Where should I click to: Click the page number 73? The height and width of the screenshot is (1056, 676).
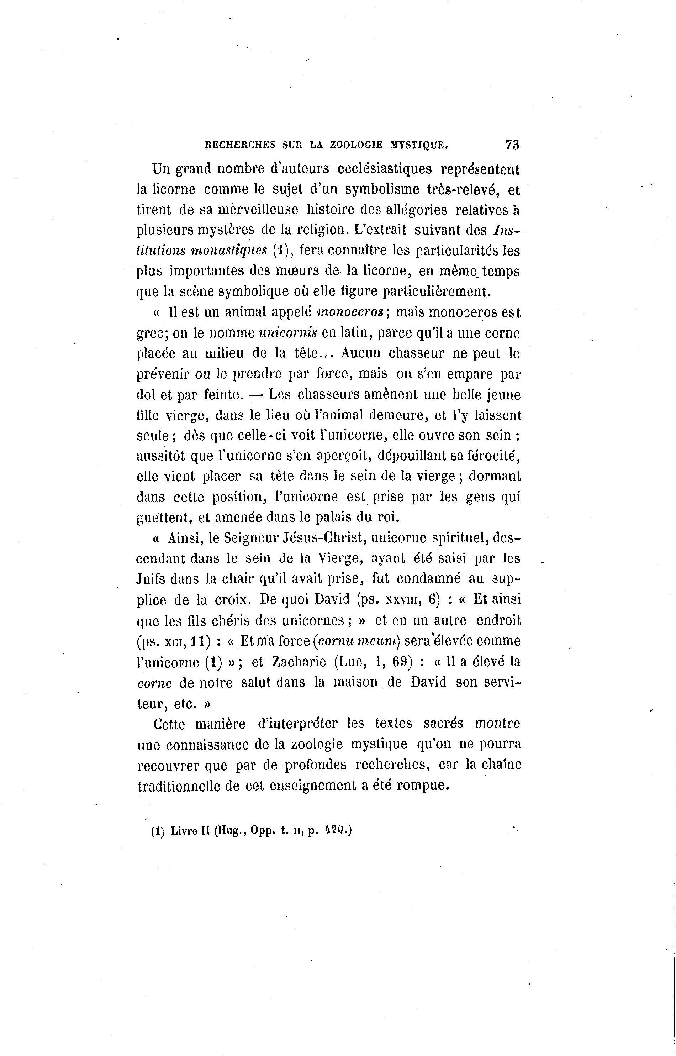click(512, 145)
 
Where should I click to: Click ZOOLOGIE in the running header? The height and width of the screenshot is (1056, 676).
click(355, 145)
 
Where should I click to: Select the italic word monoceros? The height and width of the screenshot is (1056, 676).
click(351, 312)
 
